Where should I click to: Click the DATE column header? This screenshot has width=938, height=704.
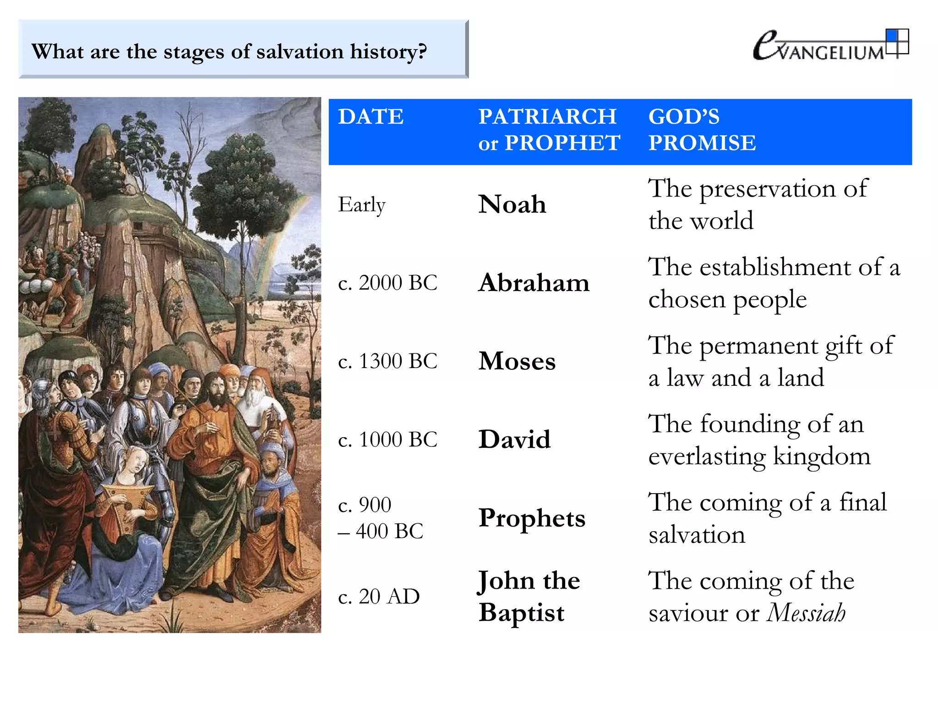(371, 116)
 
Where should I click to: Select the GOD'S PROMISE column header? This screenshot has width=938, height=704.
(702, 130)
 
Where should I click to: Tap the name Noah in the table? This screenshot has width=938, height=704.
(512, 204)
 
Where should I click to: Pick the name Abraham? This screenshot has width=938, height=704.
(534, 283)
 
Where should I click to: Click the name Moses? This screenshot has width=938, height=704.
(517, 361)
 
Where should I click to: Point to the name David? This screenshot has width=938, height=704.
(514, 440)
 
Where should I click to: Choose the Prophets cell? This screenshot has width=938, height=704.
(532, 518)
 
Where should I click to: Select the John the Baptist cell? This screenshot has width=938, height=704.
(529, 596)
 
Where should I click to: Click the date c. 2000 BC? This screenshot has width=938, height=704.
(387, 283)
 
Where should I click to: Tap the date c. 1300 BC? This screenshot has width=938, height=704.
(387, 361)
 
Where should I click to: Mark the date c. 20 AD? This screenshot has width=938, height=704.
(378, 596)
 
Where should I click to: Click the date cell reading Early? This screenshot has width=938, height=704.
(361, 205)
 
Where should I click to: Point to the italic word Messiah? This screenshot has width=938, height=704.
(806, 613)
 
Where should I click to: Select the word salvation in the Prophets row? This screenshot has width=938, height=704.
(697, 535)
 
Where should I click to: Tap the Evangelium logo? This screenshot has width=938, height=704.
(830, 46)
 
